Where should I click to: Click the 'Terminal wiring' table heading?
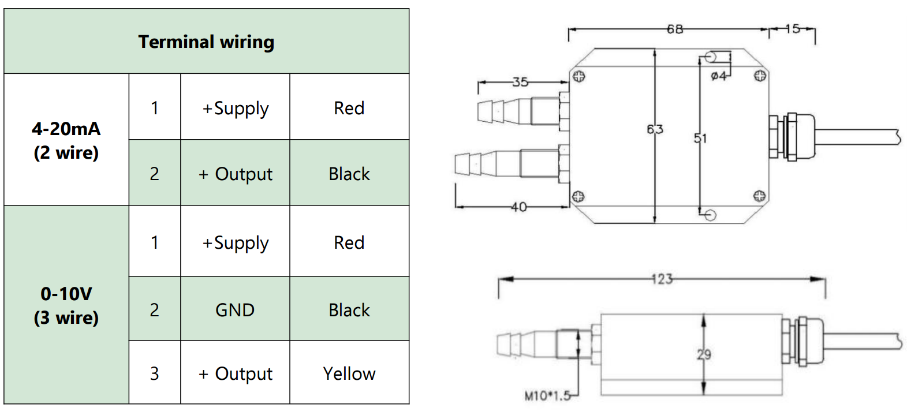tap(206, 42)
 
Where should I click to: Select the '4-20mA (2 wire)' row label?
tap(66, 140)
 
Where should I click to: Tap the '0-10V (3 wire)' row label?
tap(66, 305)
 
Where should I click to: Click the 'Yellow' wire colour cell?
tap(349, 373)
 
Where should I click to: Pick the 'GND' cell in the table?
tap(235, 310)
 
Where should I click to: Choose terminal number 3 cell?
tap(154, 373)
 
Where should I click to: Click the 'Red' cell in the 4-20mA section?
tap(349, 108)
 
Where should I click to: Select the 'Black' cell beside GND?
tap(349, 310)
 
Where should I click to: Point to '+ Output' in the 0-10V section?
tap(236, 373)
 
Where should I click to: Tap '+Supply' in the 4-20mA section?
tap(236, 108)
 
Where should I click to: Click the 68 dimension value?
tap(674, 29)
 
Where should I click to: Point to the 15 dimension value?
tap(793, 29)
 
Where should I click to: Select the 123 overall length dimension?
tap(662, 279)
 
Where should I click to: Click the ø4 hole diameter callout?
tap(718, 76)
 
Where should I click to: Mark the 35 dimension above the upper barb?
tap(520, 82)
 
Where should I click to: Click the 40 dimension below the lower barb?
tap(518, 207)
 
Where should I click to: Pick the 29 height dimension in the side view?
tap(704, 354)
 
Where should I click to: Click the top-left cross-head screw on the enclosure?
tap(578, 76)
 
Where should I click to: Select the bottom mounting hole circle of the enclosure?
tap(711, 215)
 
